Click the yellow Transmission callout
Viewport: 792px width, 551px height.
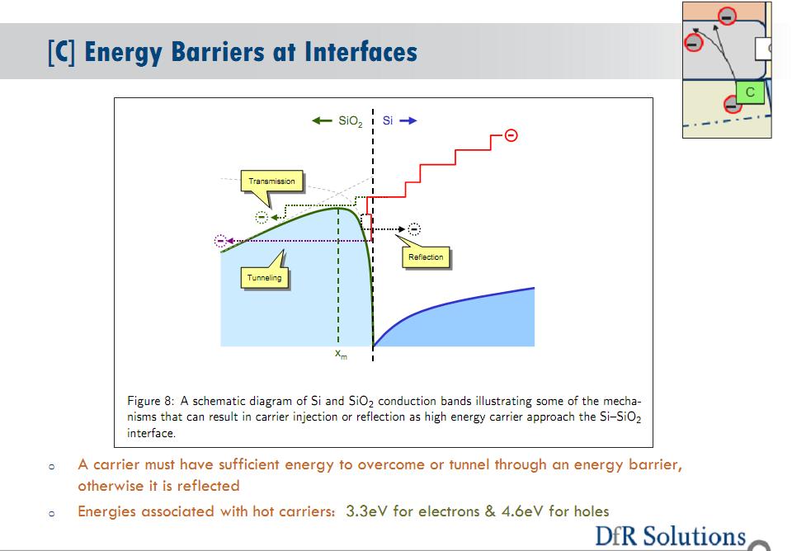(271, 181)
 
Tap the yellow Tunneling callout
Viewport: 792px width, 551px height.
(265, 277)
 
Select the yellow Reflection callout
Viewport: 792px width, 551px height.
(426, 257)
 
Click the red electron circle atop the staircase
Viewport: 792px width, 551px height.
(511, 135)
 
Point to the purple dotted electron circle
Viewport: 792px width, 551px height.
(220, 241)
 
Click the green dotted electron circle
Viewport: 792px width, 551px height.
(262, 217)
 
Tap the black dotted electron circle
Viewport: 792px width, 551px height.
(414, 229)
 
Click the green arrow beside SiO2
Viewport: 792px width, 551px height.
(322, 120)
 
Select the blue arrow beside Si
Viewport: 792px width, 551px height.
(408, 120)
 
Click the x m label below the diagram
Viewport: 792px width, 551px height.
(341, 354)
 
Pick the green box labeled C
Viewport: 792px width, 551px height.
(750, 92)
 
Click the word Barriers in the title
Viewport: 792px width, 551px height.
(217, 52)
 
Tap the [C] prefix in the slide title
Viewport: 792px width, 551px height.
(62, 53)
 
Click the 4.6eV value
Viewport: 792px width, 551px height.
(522, 511)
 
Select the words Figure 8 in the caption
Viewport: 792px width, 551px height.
(150, 401)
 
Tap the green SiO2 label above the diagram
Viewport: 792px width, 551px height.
(350, 121)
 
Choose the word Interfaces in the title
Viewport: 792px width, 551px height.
(361, 52)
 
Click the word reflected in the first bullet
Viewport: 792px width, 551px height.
(208, 486)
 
